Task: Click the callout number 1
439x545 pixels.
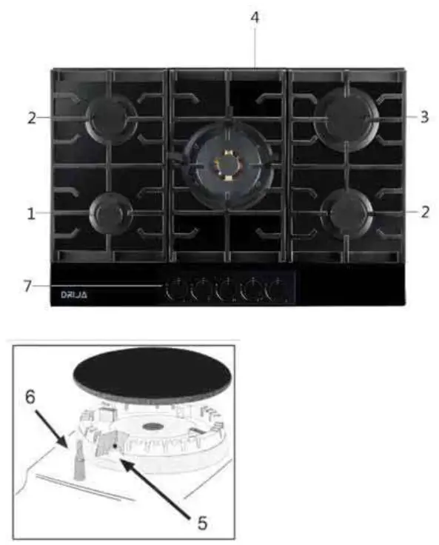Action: [31, 215]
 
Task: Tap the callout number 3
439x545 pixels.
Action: [423, 116]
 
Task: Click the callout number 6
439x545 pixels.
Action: [30, 398]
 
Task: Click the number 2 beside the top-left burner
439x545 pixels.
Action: [31, 117]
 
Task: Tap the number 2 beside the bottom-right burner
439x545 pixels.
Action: [423, 212]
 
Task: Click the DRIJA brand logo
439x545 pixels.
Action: [74, 295]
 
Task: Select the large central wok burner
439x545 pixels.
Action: [227, 163]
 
